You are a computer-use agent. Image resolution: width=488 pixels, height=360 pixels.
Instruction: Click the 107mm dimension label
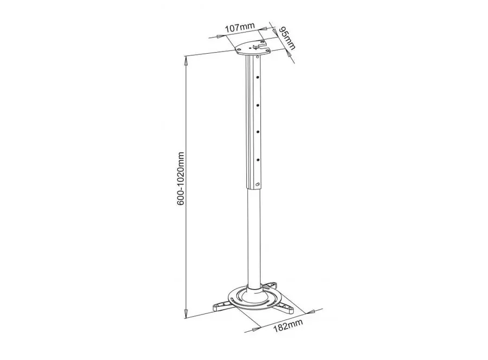click(x=240, y=28)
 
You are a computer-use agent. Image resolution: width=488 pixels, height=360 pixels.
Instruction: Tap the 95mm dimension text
click(x=287, y=38)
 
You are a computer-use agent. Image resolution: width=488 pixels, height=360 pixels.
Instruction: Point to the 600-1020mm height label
click(x=181, y=178)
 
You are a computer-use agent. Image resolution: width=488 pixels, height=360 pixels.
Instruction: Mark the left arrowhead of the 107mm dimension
click(x=220, y=37)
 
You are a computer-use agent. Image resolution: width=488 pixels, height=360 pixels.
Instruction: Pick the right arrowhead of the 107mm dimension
click(x=264, y=29)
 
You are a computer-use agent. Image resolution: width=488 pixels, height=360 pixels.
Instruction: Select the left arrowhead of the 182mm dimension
click(x=256, y=327)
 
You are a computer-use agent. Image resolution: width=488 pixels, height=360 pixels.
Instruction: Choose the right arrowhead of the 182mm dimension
click(x=310, y=311)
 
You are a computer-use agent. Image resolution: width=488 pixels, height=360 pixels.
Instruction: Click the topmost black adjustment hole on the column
click(x=258, y=77)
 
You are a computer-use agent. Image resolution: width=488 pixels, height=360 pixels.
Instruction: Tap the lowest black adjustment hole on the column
click(x=258, y=160)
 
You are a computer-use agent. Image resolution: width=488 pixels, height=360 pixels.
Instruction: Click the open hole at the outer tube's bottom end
click(x=258, y=184)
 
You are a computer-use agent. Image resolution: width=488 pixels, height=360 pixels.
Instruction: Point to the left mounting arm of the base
click(x=222, y=305)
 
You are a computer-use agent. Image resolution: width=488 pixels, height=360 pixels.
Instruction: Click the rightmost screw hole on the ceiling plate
click(x=267, y=49)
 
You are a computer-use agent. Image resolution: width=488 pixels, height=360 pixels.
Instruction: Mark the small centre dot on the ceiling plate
click(x=251, y=48)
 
